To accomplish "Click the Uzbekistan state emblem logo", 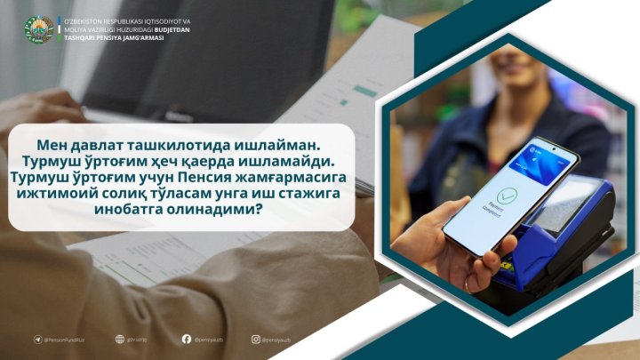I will point(37,28).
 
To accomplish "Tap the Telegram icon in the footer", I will point(37,339).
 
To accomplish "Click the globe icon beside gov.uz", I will point(119,339).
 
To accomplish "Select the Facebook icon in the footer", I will point(186,339).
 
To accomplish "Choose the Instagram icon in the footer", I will point(256,339).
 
